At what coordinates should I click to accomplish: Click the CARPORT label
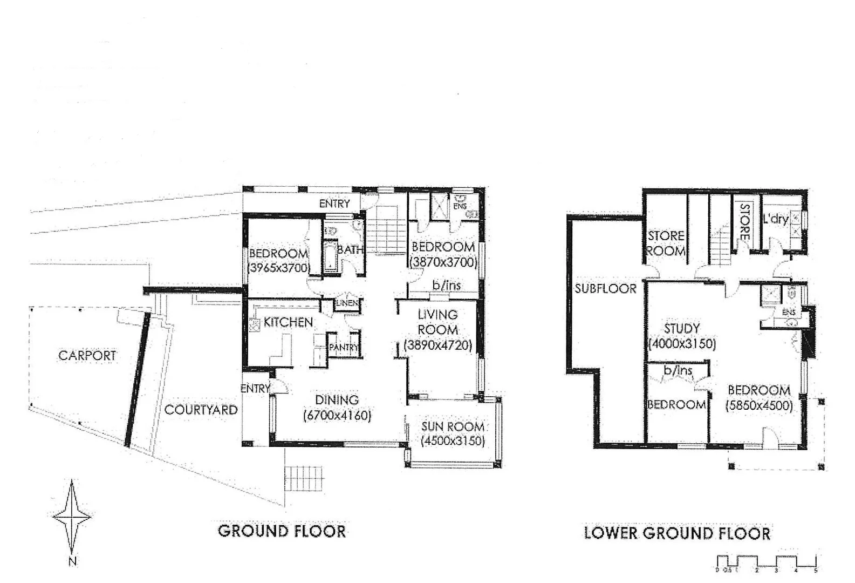pos(87,356)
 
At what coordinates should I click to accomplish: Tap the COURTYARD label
pos(201,410)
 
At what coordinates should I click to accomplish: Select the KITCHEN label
pos(288,322)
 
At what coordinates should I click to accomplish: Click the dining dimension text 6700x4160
pos(337,415)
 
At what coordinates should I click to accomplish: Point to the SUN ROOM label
pos(453,426)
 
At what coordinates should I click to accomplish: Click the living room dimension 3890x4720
pos(438,345)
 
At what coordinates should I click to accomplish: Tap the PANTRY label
pos(343,348)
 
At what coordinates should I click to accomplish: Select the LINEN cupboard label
pos(347,303)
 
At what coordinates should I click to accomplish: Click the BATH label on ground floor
pos(350,249)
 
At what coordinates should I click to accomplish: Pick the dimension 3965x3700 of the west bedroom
pos(278,268)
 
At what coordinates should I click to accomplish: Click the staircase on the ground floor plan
pos(385,229)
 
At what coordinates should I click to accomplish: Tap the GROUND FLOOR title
pos(282,531)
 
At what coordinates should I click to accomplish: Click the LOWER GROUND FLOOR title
pos(677,533)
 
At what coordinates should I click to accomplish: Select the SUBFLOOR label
pos(605,288)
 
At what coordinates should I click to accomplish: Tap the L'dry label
pos(775,219)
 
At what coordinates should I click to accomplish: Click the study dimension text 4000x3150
pos(682,344)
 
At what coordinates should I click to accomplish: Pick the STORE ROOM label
pos(666,243)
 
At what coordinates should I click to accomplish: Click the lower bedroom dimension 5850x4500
pos(759,405)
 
